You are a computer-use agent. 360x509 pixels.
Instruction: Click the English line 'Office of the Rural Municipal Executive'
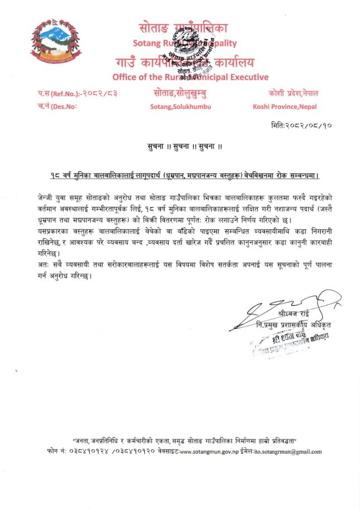point(190,77)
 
